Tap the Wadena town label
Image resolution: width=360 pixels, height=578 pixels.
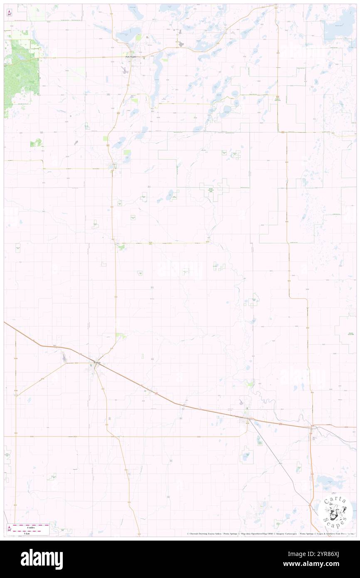[97, 363]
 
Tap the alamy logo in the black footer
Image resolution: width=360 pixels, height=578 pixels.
[42, 559]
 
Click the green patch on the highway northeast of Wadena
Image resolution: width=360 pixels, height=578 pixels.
[121, 335]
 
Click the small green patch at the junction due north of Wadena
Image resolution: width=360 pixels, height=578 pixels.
[121, 247]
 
